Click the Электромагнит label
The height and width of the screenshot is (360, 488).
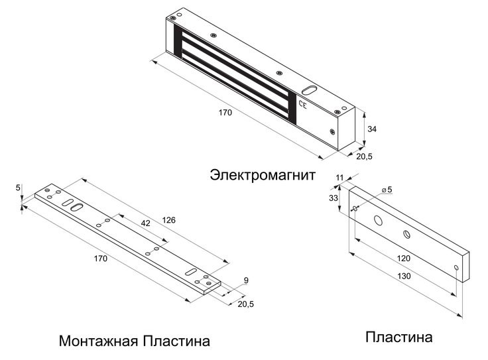(x=263, y=175)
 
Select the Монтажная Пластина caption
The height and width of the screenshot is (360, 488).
(x=135, y=341)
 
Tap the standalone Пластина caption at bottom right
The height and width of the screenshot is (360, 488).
(x=398, y=337)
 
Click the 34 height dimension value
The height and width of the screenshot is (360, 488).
(x=372, y=129)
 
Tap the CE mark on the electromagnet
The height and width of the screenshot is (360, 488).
(x=303, y=104)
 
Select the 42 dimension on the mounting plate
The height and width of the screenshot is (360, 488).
(x=145, y=223)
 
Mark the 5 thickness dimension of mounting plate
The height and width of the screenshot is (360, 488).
(x=17, y=188)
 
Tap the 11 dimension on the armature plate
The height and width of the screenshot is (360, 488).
(x=339, y=178)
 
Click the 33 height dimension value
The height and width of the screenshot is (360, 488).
(x=334, y=198)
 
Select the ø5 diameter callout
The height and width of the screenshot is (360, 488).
(x=387, y=190)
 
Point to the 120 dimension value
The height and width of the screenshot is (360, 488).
(x=402, y=258)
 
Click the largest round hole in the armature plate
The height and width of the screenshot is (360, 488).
(x=379, y=220)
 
